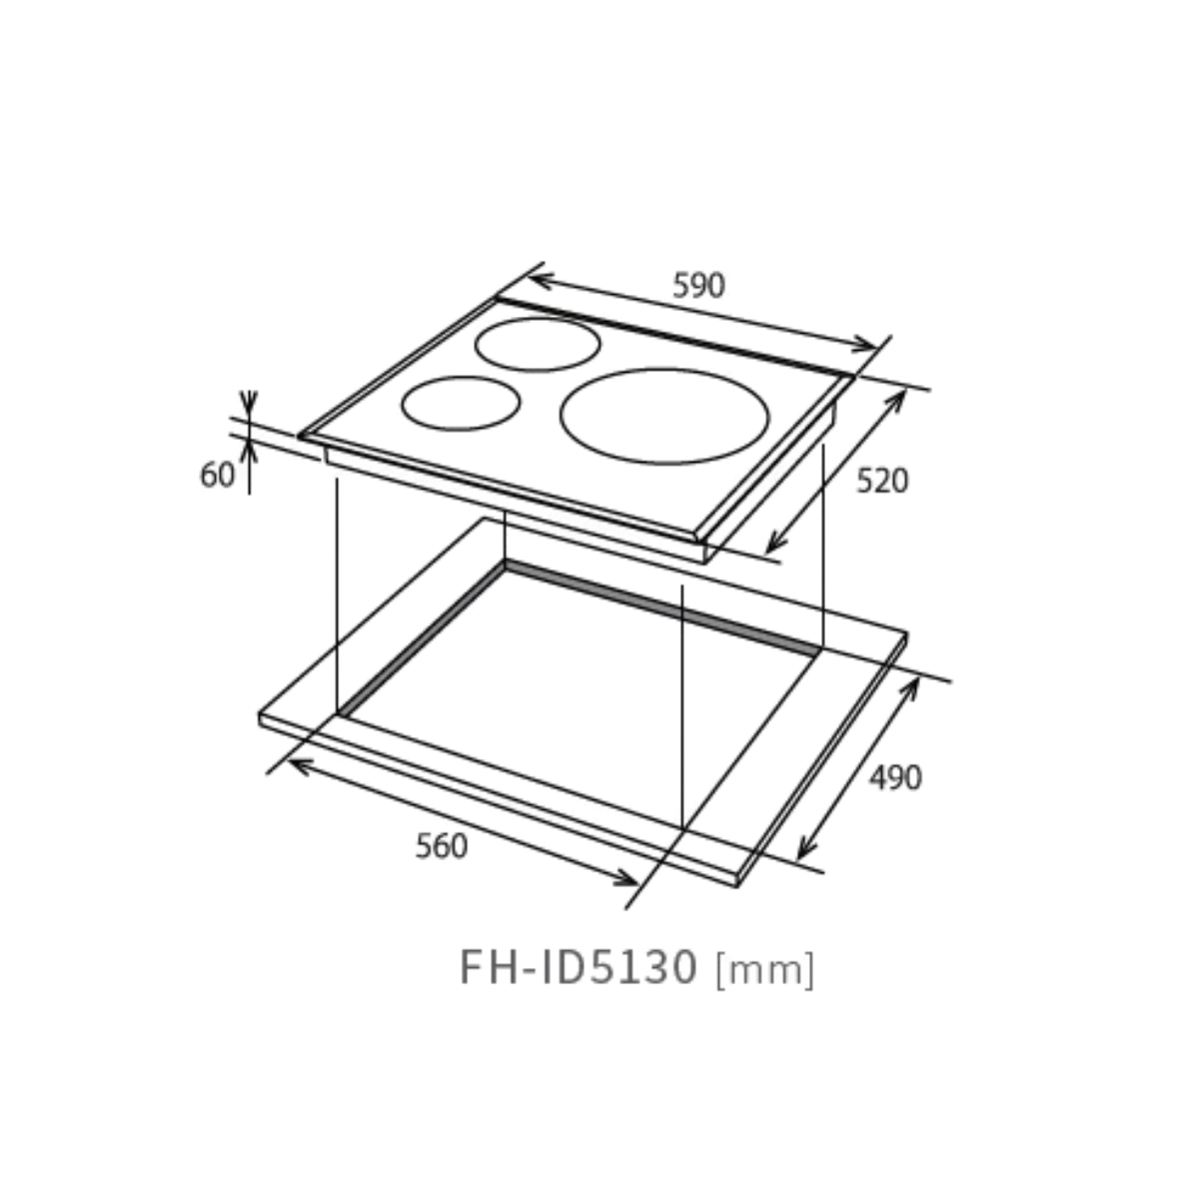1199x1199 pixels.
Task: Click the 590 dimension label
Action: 698,287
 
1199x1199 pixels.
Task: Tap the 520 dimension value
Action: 882,482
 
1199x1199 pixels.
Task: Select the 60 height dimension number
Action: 217,476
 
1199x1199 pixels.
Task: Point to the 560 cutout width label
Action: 442,846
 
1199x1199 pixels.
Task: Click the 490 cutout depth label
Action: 894,777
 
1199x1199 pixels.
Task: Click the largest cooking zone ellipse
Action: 664,416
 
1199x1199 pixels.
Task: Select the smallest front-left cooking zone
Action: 461,403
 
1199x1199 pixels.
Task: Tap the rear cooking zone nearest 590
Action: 538,344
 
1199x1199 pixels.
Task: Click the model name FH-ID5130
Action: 578,967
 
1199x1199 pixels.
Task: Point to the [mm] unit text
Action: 765,969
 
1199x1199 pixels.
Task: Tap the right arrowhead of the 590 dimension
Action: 867,347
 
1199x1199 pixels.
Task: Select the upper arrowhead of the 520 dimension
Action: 899,397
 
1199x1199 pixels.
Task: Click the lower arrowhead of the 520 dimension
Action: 772,546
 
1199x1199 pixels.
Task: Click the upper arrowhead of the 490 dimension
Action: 913,686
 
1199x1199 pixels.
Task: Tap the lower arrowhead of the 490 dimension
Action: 803,852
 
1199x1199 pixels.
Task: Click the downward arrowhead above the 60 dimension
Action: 250,407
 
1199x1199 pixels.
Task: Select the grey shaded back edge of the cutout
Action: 659,605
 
